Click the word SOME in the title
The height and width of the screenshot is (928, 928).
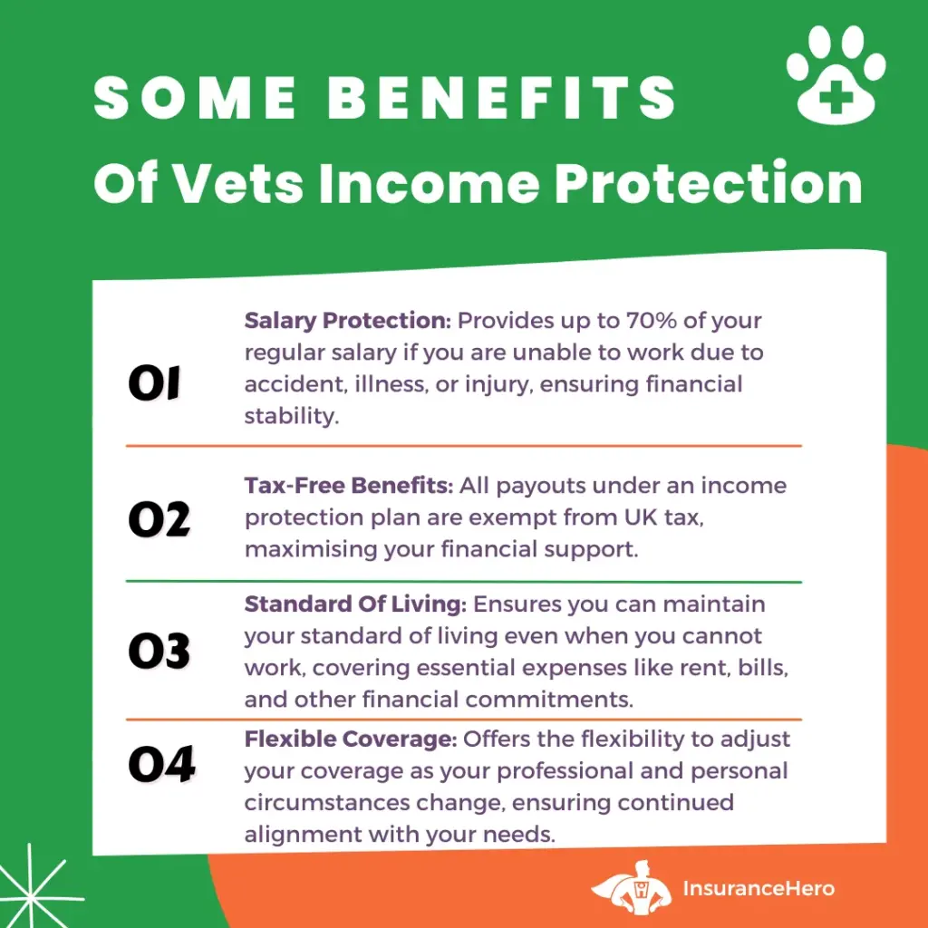point(196,98)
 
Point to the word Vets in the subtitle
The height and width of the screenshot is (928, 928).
point(239,183)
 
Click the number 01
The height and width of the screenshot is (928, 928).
point(154,383)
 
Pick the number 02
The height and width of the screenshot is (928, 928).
point(159,519)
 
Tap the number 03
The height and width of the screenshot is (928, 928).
point(159,651)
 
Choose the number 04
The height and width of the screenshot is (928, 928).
point(161,764)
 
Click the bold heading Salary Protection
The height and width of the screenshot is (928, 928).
point(348,320)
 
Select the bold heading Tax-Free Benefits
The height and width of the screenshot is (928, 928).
point(349,486)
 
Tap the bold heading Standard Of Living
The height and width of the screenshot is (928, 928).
point(355,604)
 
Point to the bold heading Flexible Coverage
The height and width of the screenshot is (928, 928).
point(351,739)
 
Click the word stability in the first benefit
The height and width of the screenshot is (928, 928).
point(292,415)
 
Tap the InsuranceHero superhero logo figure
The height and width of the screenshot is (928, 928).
point(632,888)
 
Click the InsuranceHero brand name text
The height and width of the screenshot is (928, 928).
point(759,888)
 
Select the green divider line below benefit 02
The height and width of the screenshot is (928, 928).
point(464,582)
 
